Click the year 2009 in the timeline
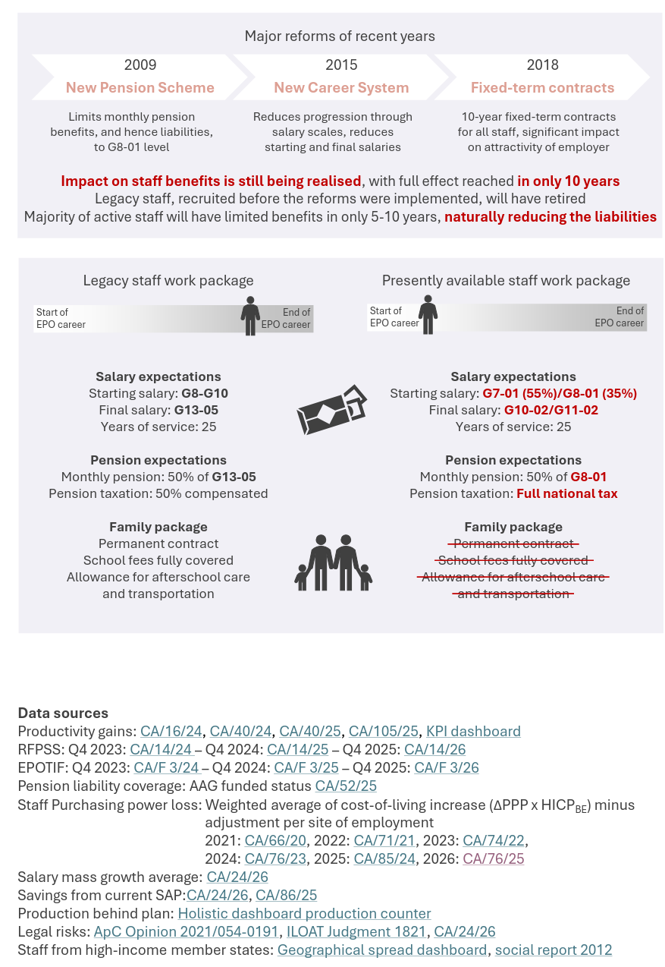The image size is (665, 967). click(140, 65)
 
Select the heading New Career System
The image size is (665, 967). click(341, 88)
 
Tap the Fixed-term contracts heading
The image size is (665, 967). click(542, 88)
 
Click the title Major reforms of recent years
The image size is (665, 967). click(340, 36)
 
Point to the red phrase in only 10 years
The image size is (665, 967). click(569, 181)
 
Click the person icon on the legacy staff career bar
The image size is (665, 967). click(250, 316)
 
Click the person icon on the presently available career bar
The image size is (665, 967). click(428, 314)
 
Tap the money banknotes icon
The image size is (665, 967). click(332, 410)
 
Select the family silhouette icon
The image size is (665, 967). click(334, 562)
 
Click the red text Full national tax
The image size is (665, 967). click(567, 494)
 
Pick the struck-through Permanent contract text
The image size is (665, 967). click(513, 544)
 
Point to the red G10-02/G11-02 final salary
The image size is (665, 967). click(551, 411)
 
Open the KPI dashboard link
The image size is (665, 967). click(473, 732)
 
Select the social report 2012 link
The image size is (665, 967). click(554, 950)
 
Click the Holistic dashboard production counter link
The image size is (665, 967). click(304, 914)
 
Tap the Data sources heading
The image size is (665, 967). click(63, 713)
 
